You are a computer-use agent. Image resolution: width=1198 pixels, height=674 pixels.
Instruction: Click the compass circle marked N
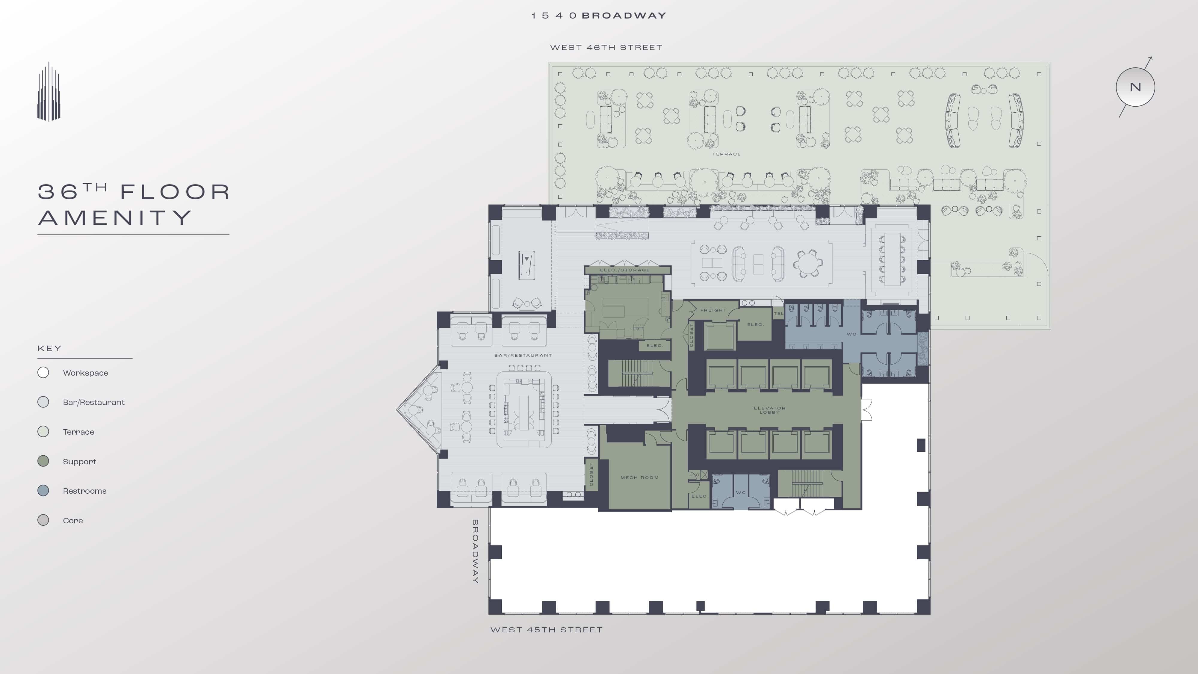click(x=1135, y=87)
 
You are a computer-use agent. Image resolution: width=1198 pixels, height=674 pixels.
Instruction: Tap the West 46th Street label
click(x=606, y=47)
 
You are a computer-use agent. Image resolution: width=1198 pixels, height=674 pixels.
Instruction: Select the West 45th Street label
click(x=547, y=630)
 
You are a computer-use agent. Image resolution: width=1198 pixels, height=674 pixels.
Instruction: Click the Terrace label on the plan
click(x=726, y=154)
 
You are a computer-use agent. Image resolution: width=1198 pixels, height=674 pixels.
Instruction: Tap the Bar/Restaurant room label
click(x=523, y=355)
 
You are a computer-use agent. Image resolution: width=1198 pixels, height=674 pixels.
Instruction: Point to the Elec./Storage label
click(x=624, y=270)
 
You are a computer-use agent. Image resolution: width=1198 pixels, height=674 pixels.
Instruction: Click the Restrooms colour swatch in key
click(x=43, y=491)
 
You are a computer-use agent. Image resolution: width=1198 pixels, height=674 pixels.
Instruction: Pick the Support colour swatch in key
click(x=43, y=461)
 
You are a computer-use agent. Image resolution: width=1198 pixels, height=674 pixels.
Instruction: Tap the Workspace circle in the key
click(x=43, y=373)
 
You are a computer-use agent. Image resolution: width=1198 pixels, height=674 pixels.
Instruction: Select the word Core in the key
click(x=73, y=521)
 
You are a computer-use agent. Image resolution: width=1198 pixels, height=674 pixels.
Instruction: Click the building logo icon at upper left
click(x=49, y=92)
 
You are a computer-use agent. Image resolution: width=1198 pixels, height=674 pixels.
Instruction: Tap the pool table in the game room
click(x=527, y=265)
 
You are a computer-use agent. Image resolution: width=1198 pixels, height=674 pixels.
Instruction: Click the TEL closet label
click(x=778, y=314)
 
